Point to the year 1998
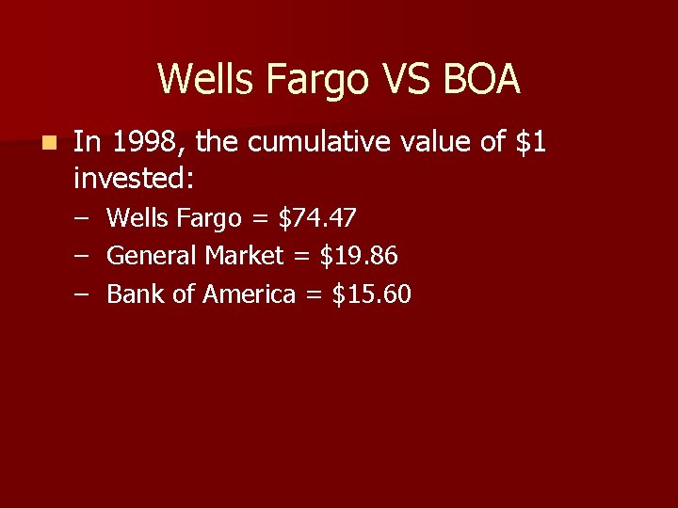pos(143,143)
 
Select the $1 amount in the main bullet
pos(531,143)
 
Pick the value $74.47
pos(317,218)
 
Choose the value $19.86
pos(359,256)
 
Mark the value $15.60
pos(372,294)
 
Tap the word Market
pos(244,256)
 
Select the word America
pos(250,294)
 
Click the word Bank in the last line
pos(137,294)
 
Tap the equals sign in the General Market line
pos(302,257)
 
